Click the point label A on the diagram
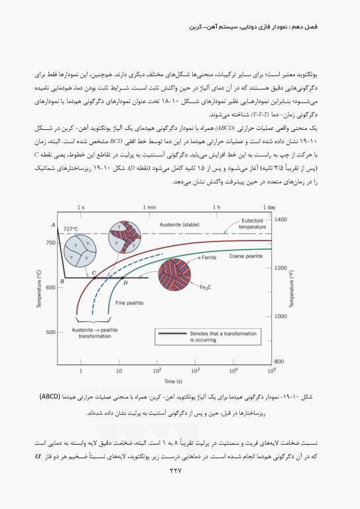pos(52,226)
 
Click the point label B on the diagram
pos(62,282)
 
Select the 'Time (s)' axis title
pos(175,381)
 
